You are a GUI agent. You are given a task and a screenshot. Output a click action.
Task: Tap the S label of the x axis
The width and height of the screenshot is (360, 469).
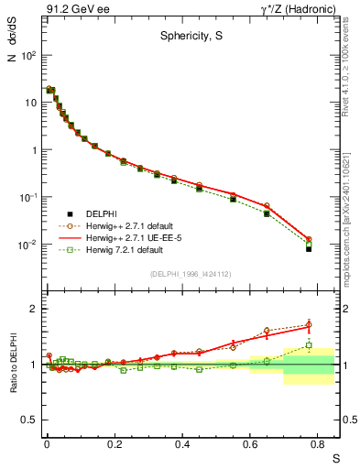point(334,455)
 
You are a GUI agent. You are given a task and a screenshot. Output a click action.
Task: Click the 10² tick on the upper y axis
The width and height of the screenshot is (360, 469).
point(27,55)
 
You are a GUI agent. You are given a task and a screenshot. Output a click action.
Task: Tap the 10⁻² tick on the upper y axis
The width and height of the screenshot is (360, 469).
point(27,245)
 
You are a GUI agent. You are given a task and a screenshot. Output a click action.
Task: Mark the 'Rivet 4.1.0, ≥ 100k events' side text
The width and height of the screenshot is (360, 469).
point(350,64)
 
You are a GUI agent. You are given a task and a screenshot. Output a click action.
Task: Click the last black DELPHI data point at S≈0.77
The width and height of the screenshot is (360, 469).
point(309,249)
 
